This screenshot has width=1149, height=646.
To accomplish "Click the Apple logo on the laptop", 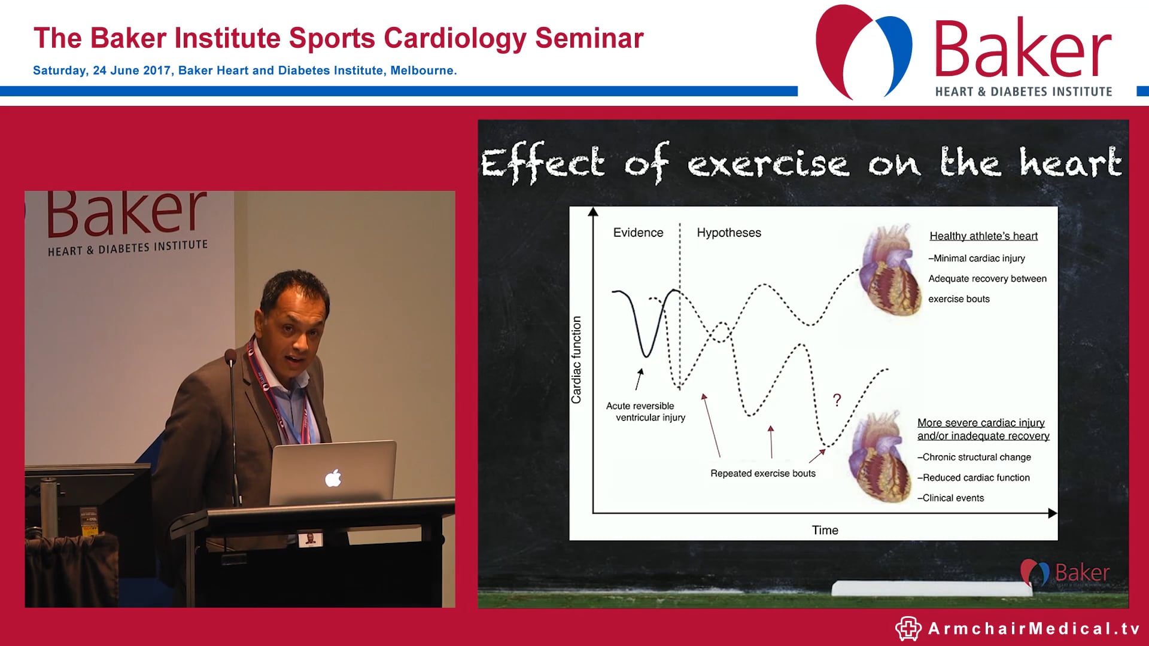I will tap(333, 478).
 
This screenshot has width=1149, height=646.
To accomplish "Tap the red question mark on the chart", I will tap(837, 400).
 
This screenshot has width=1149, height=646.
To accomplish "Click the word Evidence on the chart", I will tap(638, 233).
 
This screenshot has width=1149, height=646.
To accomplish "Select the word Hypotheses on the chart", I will tap(729, 233).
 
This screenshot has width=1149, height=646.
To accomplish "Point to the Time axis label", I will tap(825, 530).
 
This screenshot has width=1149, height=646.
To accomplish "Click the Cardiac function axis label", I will tap(576, 359).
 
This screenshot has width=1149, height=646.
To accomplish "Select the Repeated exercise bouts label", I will tap(763, 473).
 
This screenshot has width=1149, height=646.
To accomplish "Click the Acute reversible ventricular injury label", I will tap(645, 412).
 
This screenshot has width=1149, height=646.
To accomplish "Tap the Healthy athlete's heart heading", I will tap(983, 236).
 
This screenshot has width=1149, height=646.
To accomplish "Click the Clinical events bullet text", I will tap(952, 498).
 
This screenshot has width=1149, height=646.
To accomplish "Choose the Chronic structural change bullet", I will tap(975, 457).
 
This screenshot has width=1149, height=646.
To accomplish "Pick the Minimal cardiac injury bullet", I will tap(978, 258).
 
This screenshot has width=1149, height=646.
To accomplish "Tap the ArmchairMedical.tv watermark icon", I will tap(908, 629).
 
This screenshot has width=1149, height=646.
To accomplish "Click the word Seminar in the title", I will tap(589, 38).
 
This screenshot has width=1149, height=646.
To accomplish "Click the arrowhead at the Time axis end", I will tap(1053, 513).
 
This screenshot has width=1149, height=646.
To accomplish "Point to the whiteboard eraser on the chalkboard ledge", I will tap(931, 589).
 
